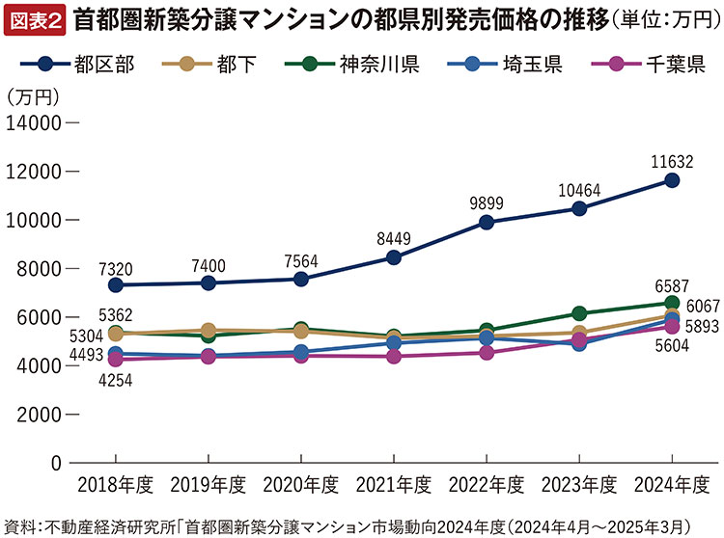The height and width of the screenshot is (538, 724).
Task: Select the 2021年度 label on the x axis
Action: (x=394, y=483)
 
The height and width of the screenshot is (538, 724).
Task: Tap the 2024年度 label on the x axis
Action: (x=672, y=483)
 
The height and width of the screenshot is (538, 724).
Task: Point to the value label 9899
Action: (x=487, y=202)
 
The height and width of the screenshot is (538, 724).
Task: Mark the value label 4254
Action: (x=114, y=380)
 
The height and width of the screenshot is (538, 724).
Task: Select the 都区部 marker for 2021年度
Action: (x=394, y=257)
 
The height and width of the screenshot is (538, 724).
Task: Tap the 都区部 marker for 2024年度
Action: (x=672, y=180)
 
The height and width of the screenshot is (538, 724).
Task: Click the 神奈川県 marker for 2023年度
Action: (x=579, y=313)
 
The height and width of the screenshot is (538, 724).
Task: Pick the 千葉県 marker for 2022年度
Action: (x=487, y=353)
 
